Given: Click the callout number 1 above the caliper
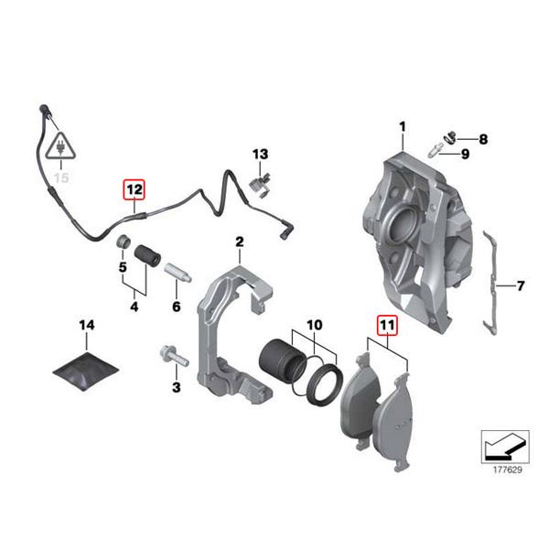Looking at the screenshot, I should coord(401,125).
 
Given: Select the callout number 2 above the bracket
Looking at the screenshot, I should coord(239,242).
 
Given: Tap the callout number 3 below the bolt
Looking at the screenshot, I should coord(177,389).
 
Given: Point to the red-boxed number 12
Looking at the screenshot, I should coord(135,190).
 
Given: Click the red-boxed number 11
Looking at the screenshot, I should coord(386,325).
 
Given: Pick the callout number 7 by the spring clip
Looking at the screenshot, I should coord(520,286).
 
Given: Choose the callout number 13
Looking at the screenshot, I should coord(261,153).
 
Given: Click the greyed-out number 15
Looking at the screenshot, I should coord(61,178).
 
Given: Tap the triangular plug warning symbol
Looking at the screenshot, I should coord(60,146).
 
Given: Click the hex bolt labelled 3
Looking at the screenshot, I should coord(173,354).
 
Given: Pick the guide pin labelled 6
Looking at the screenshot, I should coord(178,273).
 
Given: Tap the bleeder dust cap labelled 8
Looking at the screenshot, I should coord(449,137).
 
